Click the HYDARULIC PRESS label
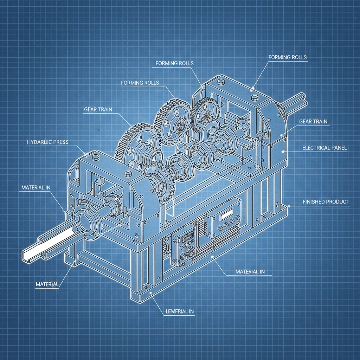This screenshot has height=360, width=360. [x=47, y=142]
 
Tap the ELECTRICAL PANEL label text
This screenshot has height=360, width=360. [x=324, y=148]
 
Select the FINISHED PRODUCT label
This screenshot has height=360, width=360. [x=326, y=202]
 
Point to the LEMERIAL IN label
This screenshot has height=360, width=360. [x=179, y=311]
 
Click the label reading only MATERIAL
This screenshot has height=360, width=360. [x=47, y=284]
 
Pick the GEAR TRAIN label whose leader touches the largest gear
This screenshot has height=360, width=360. [x=98, y=109]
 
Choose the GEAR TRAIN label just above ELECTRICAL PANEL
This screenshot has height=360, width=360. [x=313, y=122]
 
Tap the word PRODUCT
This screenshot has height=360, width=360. [x=337, y=202]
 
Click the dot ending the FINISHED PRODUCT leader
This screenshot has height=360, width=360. [x=289, y=205]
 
